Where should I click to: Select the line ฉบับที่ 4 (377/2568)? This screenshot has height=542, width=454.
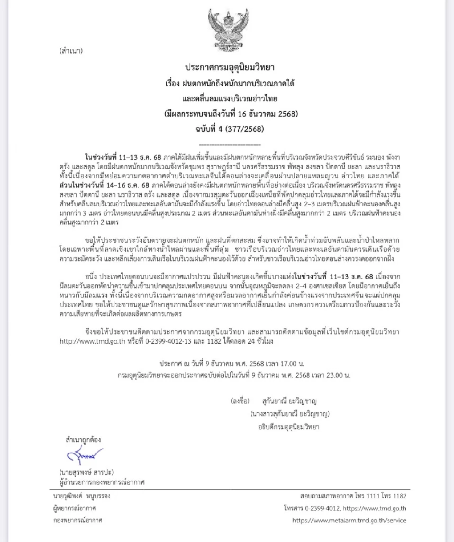tap(230, 129)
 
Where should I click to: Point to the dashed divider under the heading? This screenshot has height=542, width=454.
tap(230, 145)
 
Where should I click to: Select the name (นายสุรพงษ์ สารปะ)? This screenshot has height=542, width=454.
tap(87, 472)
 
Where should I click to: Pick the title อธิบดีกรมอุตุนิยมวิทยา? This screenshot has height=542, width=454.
tap(287, 427)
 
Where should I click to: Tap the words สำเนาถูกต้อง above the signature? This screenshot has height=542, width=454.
tap(83, 440)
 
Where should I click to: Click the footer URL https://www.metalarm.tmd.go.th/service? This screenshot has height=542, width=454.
tap(349, 520)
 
